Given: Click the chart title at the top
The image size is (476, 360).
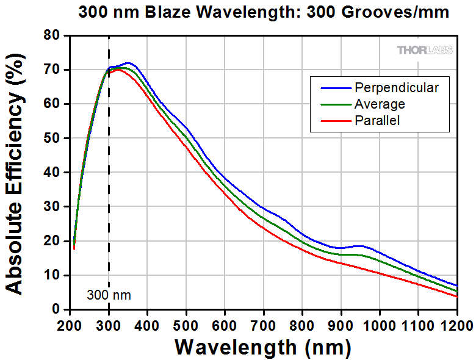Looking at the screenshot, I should [x=264, y=12].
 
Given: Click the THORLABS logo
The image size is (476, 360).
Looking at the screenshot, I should [x=425, y=50].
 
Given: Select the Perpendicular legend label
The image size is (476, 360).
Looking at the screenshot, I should [x=396, y=88].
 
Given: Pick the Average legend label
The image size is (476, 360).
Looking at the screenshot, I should [x=380, y=104].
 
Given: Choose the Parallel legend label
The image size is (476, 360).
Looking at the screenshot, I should [x=377, y=121].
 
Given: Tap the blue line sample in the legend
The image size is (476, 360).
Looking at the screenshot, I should [x=331, y=88].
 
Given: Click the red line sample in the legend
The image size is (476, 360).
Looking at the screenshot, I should [x=331, y=121].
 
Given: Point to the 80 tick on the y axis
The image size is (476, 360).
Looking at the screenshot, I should [x=56, y=36].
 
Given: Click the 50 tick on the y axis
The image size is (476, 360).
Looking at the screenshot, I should [x=56, y=139].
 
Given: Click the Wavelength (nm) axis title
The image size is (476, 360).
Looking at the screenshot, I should [x=263, y=347].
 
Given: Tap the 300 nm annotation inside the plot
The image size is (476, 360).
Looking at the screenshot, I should [x=108, y=296].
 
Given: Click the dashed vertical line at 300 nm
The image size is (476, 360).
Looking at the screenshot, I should [x=109, y=183].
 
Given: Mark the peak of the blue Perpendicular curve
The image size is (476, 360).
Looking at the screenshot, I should [x=128, y=63].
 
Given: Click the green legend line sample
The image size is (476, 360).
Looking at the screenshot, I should [x=331, y=104].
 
